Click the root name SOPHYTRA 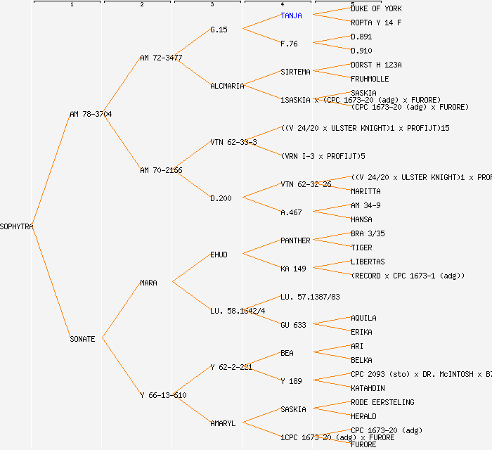[17, 226]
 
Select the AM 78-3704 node [91, 114]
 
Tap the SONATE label [82, 339]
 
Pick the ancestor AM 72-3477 [161, 58]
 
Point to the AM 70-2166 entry [161, 170]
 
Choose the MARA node [148, 283]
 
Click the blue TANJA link [291, 15]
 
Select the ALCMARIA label [227, 86]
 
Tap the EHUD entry [219, 255]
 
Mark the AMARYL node [223, 423]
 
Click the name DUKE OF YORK [376, 8]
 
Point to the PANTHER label [295, 240]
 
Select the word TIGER [361, 247]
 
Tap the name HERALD [363, 416]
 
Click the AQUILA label [363, 318]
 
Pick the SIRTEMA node [295, 72]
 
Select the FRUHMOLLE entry [370, 79]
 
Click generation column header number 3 [212, 5]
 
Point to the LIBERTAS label [368, 262]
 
